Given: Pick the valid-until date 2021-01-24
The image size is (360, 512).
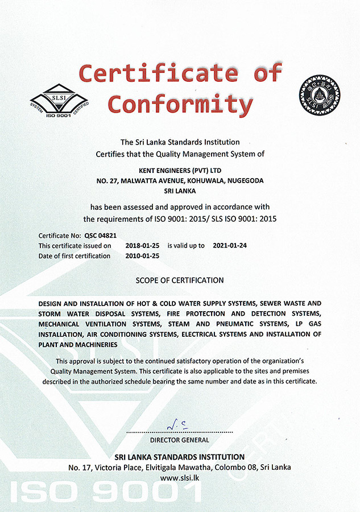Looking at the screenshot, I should [230, 246].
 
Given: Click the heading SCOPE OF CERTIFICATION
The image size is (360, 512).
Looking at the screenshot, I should [180, 280].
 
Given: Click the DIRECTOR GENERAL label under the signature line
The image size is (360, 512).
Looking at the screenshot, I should [180, 440].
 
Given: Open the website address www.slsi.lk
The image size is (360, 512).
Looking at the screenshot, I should [180, 477].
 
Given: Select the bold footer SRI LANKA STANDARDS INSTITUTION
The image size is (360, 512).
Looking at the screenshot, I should [180, 457].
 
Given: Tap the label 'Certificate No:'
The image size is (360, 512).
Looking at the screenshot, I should [59, 235].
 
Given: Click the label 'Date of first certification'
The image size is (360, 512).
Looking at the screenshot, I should [74, 256].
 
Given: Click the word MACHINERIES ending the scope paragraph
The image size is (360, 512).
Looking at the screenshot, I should [89, 345].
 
